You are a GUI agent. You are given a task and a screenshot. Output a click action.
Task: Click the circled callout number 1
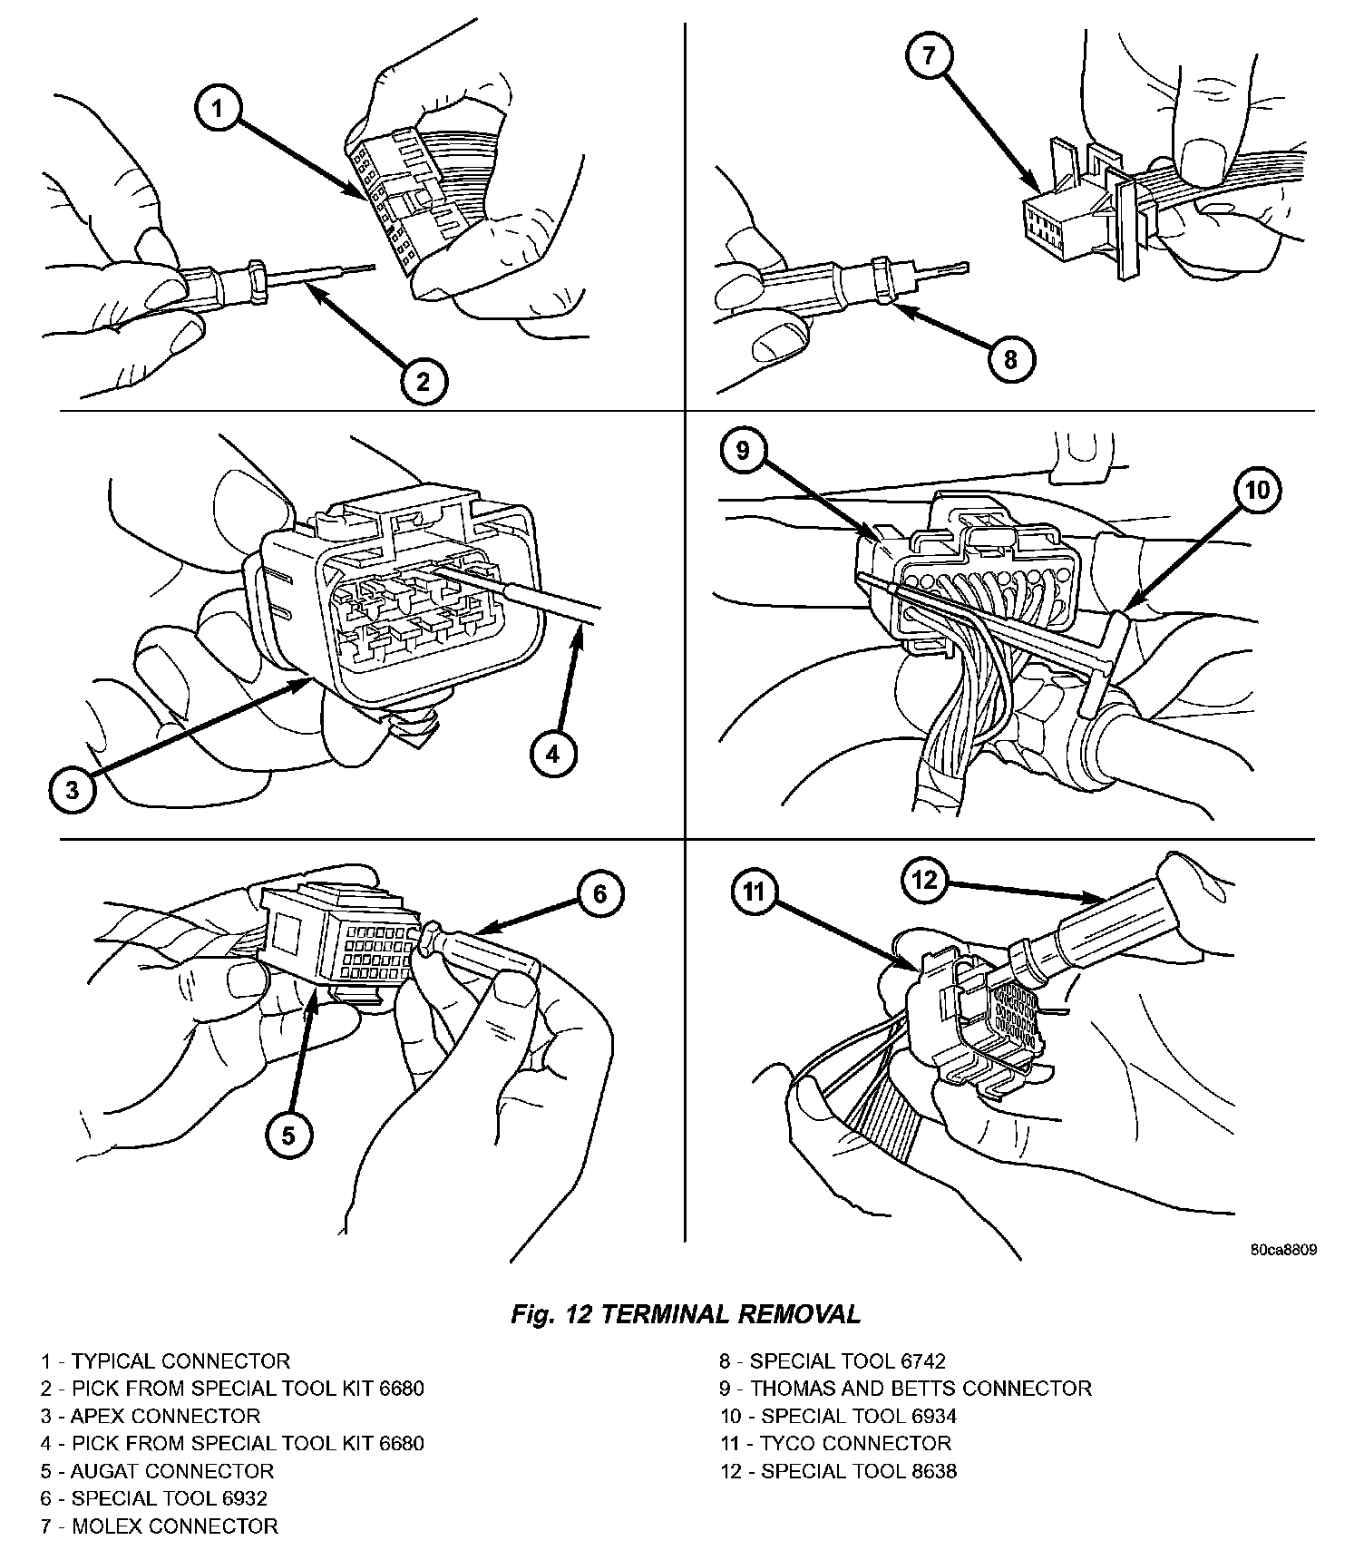217,111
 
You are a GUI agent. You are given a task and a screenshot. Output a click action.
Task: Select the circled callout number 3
73,789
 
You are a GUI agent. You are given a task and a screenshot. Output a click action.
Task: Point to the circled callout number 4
553,752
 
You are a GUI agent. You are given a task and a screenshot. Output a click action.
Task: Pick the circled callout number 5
288,1136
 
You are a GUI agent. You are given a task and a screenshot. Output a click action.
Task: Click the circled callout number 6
600,894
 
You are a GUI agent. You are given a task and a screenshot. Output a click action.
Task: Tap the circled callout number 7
929,56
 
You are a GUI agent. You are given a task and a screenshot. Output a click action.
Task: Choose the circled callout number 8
1010,359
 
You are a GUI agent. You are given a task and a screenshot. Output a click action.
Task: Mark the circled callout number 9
743,450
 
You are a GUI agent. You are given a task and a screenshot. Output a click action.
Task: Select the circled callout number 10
1258,490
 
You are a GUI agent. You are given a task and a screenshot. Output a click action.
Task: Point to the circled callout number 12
924,879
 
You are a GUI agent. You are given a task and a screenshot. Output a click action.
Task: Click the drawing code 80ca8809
1283,1250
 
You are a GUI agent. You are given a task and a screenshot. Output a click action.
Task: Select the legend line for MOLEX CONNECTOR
159,1526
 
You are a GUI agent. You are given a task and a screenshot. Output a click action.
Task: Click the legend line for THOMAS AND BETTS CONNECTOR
905,1389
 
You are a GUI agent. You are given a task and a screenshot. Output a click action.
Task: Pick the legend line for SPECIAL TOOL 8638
838,1471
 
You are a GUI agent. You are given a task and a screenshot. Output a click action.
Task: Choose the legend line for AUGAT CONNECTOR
156,1471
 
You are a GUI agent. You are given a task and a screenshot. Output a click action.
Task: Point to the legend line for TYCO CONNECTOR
835,1443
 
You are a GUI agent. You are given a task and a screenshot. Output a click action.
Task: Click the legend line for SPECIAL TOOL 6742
833,1361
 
